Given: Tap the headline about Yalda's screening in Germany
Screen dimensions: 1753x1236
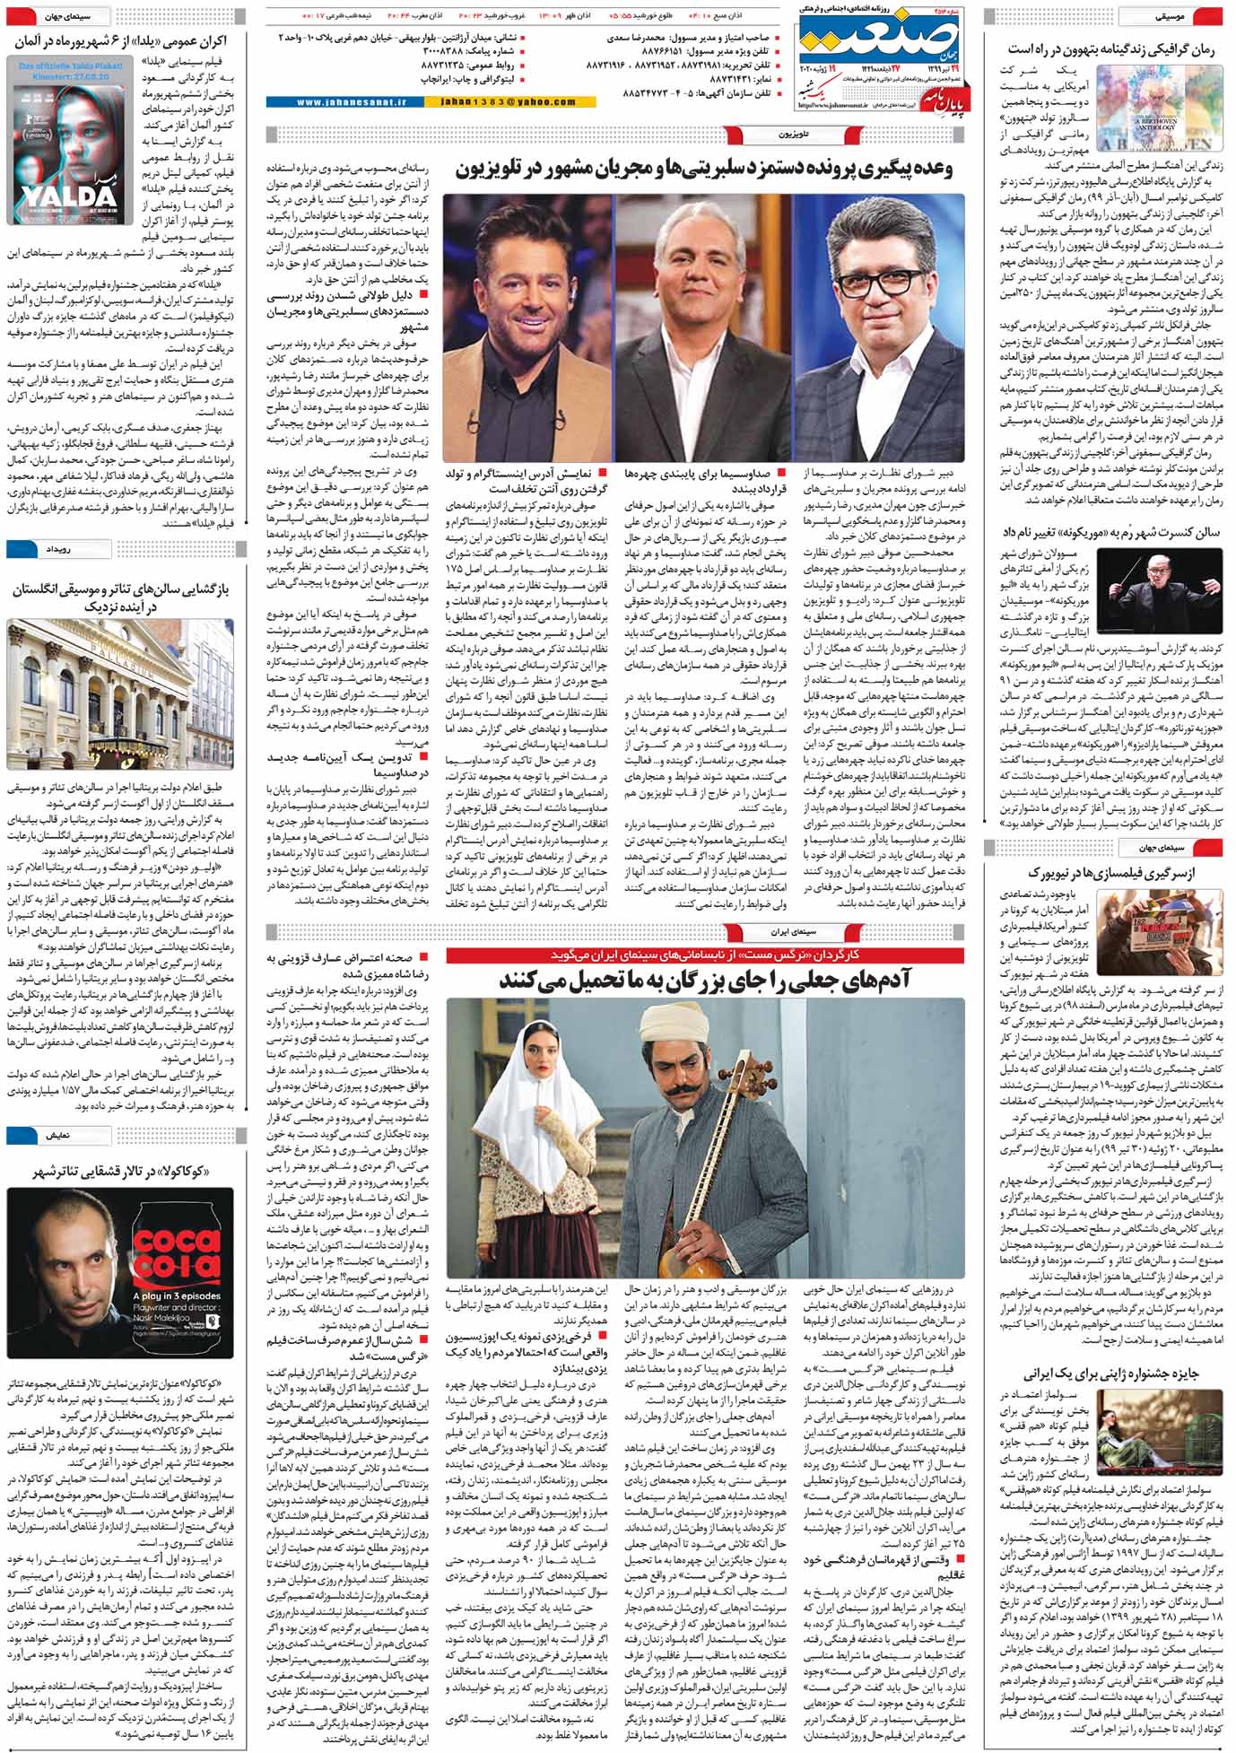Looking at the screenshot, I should click(119, 41).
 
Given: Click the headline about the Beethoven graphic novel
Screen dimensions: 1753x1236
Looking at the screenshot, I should click(1110, 50).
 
